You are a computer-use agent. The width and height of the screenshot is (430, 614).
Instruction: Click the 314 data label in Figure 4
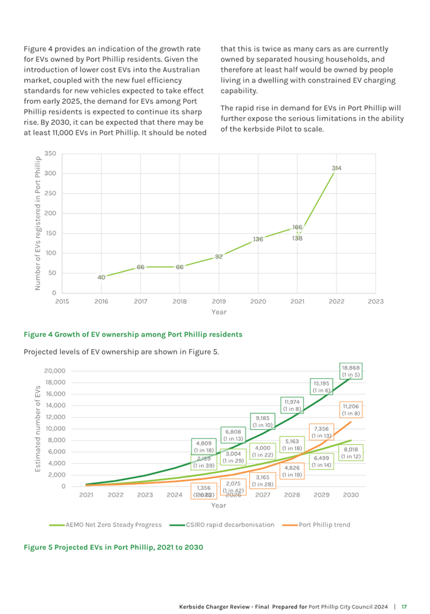pos(336,168)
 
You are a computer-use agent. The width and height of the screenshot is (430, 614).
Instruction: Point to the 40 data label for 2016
pos(101,277)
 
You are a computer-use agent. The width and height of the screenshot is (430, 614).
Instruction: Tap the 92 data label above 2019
pos(219,256)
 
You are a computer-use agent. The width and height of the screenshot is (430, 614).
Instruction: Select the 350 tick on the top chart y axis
pos(50,153)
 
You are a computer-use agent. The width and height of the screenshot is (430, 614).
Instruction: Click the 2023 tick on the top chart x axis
pos(376,301)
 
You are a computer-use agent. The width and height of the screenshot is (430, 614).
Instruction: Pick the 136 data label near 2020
pos(258,239)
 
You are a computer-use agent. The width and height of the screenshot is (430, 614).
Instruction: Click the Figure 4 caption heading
pos(133,334)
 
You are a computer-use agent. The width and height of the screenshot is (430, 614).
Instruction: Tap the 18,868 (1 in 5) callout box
pos(350,371)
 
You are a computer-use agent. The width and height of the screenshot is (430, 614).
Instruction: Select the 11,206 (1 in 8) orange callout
pos(350,410)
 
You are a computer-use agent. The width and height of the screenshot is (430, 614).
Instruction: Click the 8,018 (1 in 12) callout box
pos(350,453)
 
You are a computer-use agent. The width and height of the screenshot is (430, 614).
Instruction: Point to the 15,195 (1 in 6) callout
pos(321,387)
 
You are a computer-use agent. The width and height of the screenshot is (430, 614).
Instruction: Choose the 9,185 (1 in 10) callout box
pos(262,421)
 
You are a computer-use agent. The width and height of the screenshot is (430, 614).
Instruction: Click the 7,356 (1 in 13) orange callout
pos(321,432)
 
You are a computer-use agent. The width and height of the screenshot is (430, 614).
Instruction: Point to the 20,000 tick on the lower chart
pos(55,371)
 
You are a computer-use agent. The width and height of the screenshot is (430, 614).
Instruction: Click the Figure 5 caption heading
pos(113,547)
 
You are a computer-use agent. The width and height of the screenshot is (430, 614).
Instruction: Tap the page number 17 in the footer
pos(404,607)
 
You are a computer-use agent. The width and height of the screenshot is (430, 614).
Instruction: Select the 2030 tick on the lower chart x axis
pos(351,495)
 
